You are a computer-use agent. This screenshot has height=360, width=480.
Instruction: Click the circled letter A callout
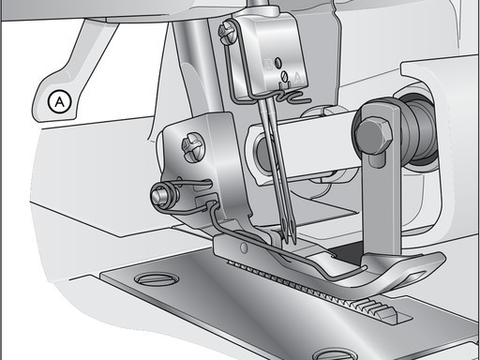click(59, 102)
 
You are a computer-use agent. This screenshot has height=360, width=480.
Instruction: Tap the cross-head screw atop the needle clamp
click(226, 32)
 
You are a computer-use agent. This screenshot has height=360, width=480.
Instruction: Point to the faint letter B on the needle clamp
click(268, 65)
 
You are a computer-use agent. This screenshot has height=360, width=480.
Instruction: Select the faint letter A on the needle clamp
click(298, 77)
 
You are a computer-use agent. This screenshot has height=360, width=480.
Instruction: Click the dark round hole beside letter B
click(277, 64)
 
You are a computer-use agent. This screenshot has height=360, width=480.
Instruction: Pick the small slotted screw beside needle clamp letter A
click(284, 75)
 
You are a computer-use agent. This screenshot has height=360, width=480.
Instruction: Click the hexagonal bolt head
click(373, 135)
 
